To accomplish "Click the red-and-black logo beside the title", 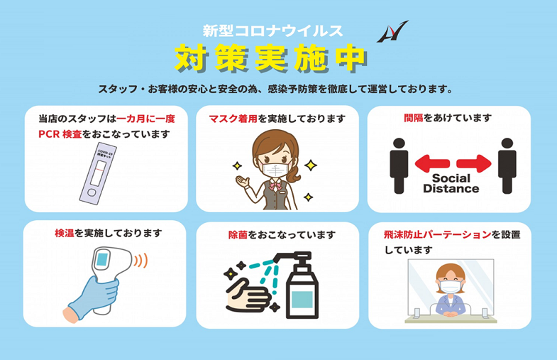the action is coord(392,33).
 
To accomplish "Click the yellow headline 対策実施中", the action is coord(270,58).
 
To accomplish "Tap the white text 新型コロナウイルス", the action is coord(272,31).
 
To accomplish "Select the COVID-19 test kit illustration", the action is coord(98,173).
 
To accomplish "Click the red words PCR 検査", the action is coord(60,134).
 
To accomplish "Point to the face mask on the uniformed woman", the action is coord(274,169).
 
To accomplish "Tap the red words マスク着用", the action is coord(233,119).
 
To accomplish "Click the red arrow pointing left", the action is coord(432,163).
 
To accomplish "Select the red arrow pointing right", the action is coord(473,163).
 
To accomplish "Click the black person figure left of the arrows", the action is coord(399,165).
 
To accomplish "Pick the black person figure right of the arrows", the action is coord(507,165).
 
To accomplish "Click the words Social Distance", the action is coord(451,183).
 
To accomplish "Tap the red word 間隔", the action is coord(414,118).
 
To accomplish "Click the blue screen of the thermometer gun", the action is coord(102,258).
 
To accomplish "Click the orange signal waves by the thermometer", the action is coord(140,261).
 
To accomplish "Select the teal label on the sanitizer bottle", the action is coord(302,300).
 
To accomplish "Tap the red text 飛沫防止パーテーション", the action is coord(437,235).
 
